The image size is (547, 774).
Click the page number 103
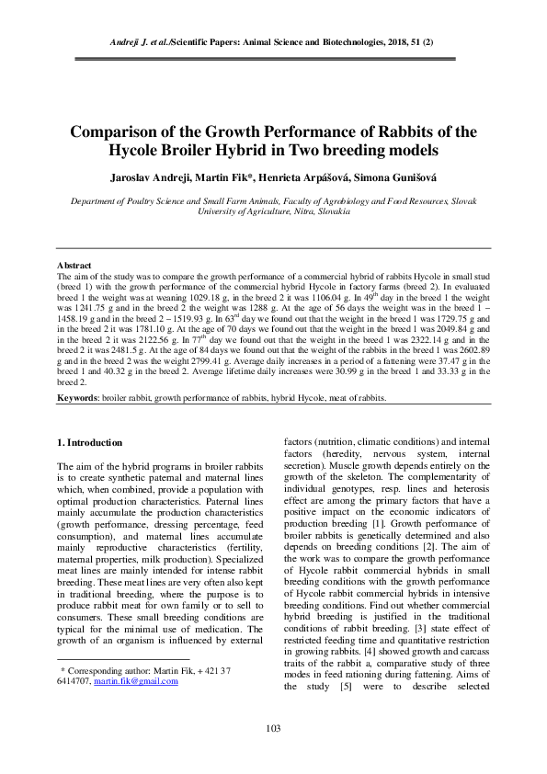[x=273, y=729]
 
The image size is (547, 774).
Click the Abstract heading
[x=75, y=264]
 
